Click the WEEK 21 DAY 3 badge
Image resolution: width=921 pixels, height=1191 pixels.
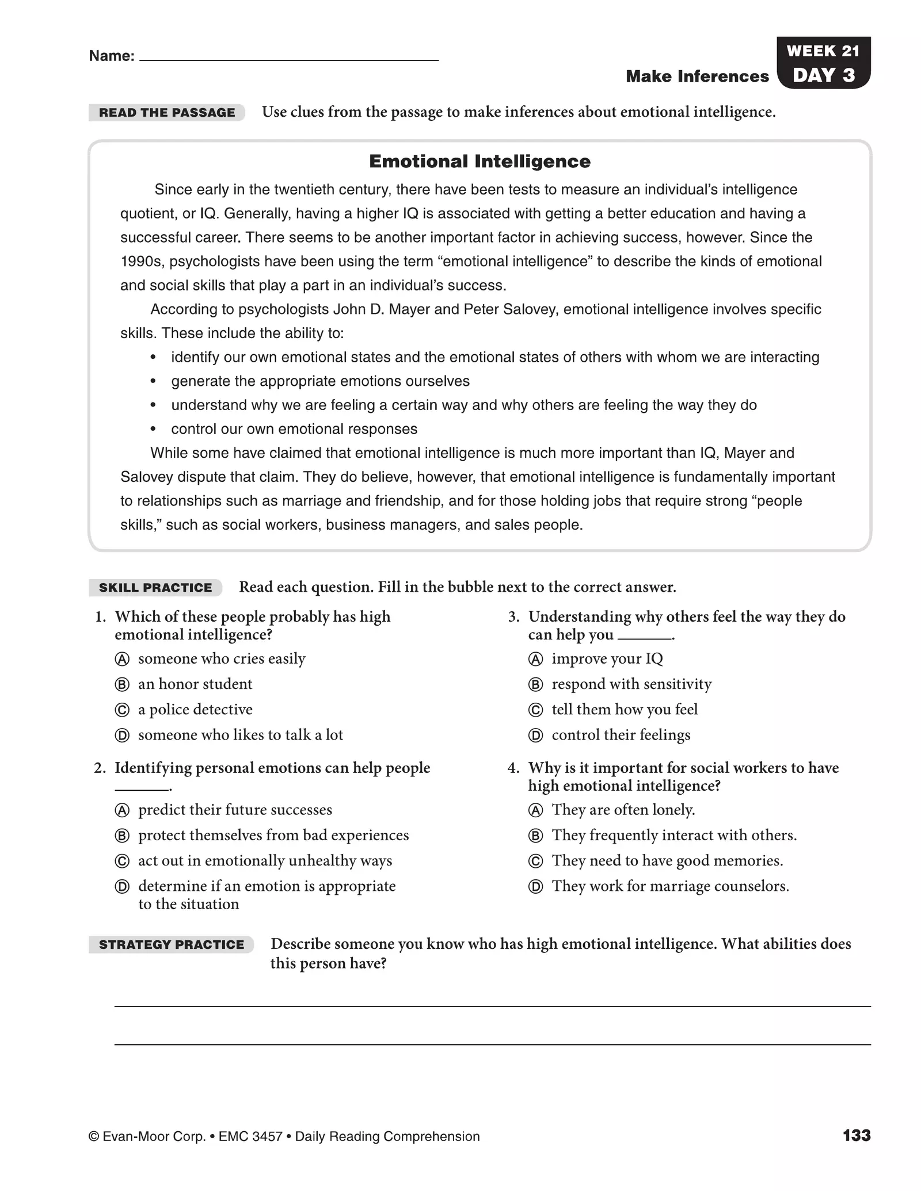(823, 63)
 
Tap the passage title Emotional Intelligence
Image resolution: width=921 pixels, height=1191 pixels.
(479, 162)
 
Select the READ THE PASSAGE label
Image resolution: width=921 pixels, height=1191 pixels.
(167, 113)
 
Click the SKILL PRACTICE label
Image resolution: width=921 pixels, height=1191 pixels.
(155, 588)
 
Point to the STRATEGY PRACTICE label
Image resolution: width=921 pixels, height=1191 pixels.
(172, 945)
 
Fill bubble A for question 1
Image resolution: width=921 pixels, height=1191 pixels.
(122, 659)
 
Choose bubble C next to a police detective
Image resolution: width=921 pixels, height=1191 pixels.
(122, 710)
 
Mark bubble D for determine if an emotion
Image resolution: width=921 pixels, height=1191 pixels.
(122, 887)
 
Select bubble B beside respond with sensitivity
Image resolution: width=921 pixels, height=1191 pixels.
(535, 685)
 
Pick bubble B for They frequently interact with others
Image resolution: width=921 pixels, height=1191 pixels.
(535, 836)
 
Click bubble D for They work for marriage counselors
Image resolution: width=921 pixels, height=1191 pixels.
(535, 887)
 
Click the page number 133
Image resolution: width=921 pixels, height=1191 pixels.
(857, 1136)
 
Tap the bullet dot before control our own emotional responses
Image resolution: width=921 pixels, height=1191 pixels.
(153, 430)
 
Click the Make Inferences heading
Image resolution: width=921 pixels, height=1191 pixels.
(697, 76)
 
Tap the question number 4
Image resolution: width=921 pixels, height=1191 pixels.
(513, 768)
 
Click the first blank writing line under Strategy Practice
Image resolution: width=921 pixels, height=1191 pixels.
(492, 1006)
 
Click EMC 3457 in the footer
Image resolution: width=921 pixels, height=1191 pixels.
(250, 1137)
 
